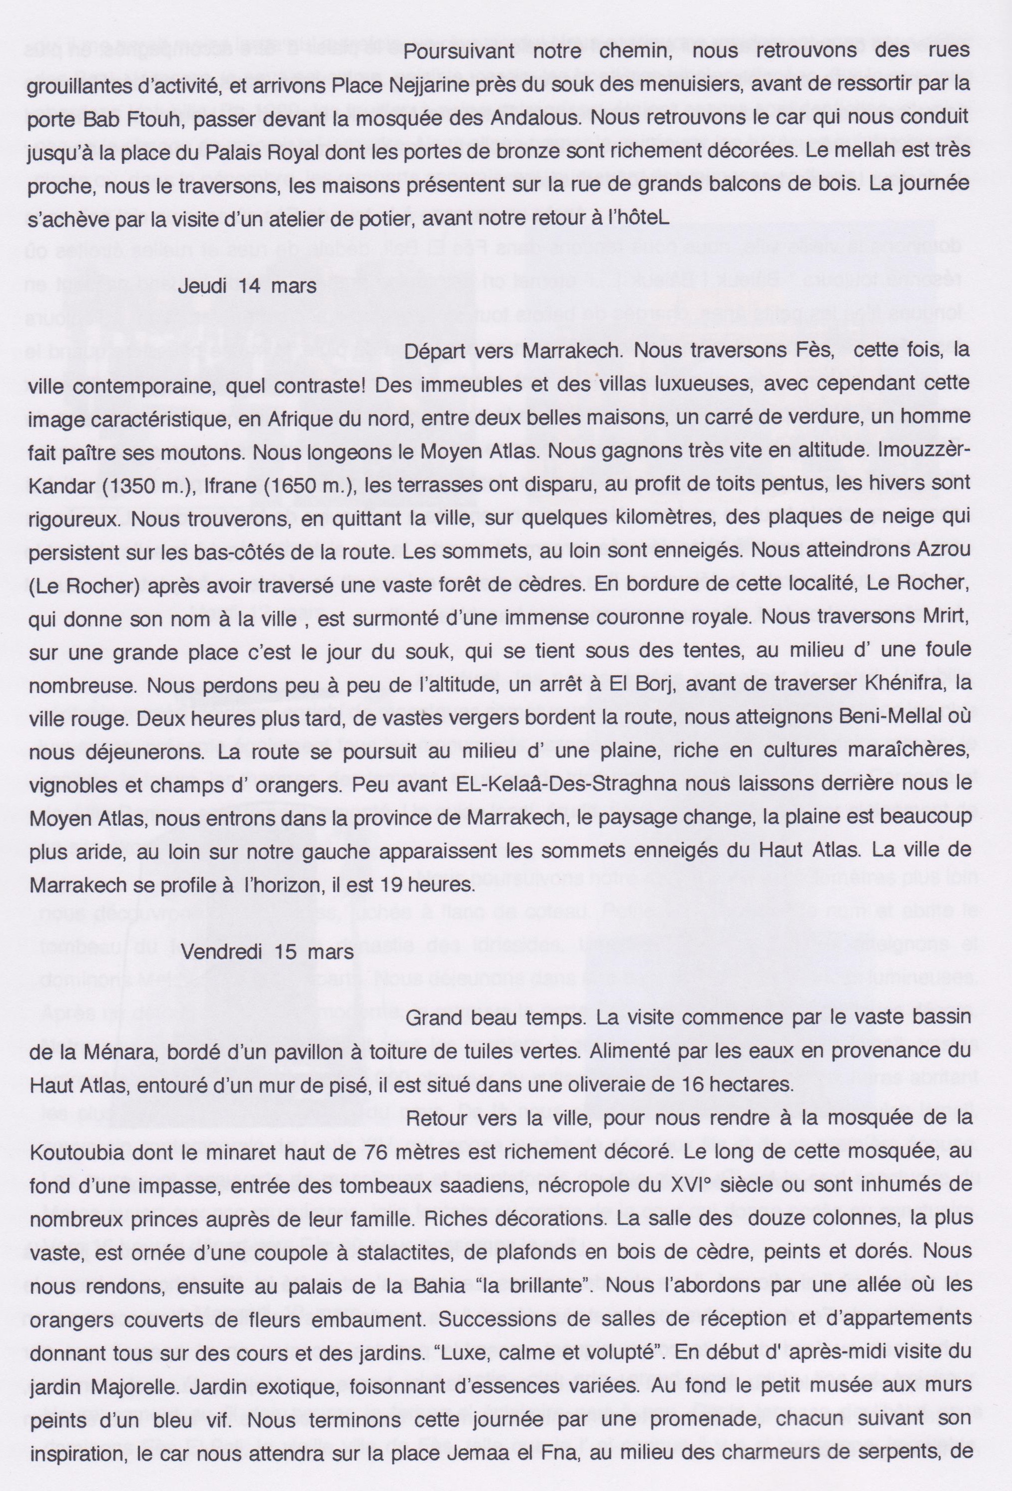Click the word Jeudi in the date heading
(201, 286)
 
